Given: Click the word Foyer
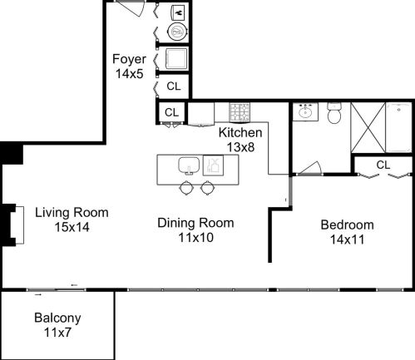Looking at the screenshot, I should [x=130, y=60].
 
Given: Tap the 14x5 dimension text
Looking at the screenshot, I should [x=130, y=74].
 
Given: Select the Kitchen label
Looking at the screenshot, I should [x=240, y=132].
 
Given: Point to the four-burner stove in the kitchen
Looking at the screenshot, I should [x=240, y=112].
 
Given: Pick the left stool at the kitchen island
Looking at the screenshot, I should [x=186, y=188].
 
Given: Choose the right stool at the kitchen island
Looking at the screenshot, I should [x=207, y=188].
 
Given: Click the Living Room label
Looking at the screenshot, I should [x=72, y=212].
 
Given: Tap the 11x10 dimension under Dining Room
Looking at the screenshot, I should [x=195, y=237].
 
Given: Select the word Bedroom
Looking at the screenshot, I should [x=348, y=224].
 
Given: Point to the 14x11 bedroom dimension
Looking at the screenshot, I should [x=348, y=239].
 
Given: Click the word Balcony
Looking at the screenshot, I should [x=57, y=318].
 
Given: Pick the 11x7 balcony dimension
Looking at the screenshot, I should [x=57, y=333].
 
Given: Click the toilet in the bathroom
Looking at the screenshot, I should [x=334, y=113].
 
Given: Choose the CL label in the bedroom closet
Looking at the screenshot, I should [x=383, y=165].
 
